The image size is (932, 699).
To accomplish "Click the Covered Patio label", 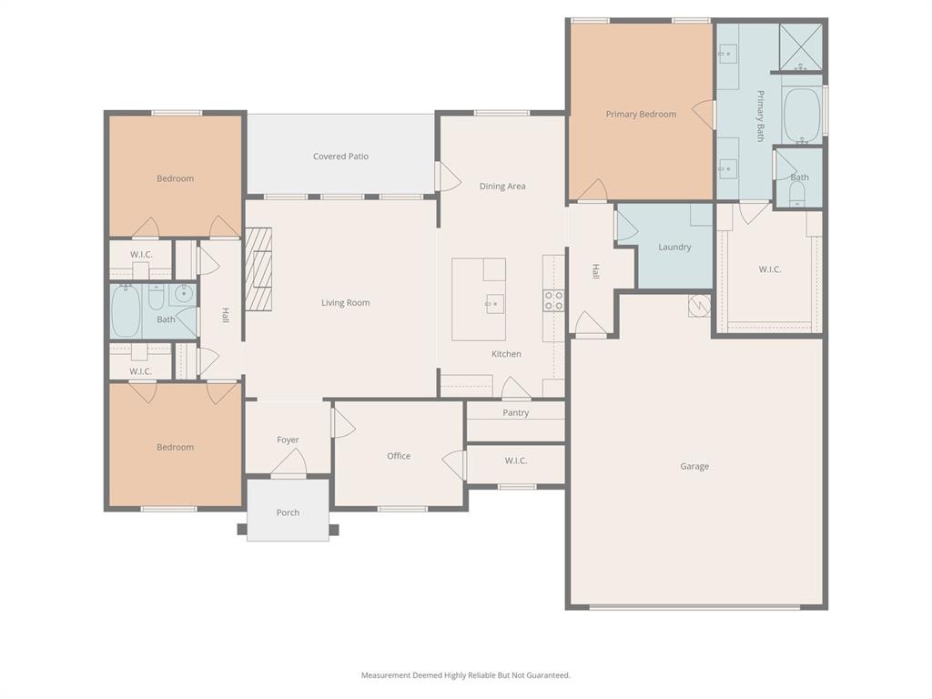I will [341, 157].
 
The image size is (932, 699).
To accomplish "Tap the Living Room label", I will [346, 303].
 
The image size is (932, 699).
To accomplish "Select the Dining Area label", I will [502, 187].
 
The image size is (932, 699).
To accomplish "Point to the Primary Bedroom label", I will [641, 115].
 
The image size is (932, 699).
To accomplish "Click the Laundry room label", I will [674, 248].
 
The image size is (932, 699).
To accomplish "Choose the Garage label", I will [694, 467].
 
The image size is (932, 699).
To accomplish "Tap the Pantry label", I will [516, 413].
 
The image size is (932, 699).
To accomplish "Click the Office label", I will [399, 457].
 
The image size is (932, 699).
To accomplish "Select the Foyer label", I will [288, 441].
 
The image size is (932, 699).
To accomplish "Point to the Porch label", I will [288, 513].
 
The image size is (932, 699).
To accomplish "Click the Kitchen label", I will [507, 354].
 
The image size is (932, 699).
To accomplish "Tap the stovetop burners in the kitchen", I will [553, 300].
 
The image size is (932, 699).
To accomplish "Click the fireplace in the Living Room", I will [258, 269].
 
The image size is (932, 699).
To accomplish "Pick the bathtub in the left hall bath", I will [125, 311].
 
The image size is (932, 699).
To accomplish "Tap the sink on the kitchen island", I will [494, 303].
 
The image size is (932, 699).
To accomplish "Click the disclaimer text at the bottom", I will [466, 675].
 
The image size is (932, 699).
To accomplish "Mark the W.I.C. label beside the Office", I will [516, 461].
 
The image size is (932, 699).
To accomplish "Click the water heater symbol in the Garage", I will [698, 305].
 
